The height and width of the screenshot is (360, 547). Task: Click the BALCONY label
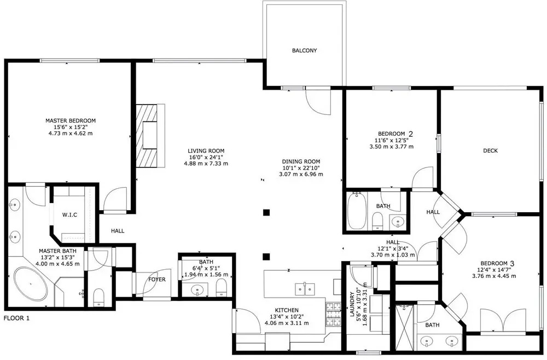tap(304, 50)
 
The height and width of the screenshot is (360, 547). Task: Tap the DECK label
tap(490, 150)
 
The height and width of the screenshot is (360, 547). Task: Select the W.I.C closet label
tap(69, 215)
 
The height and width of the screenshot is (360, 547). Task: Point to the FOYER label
tap(157, 280)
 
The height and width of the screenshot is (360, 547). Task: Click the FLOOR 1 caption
tap(16, 318)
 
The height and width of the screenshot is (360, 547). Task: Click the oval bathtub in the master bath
tap(31, 284)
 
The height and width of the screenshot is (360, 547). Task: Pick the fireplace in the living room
tap(150, 136)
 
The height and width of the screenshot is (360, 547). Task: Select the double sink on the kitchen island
tap(305, 289)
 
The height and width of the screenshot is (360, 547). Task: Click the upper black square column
tap(266, 212)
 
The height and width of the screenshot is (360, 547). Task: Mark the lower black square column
tap(266, 257)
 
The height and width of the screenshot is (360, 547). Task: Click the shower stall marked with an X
tap(405, 327)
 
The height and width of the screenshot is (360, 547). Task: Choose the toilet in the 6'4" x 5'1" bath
tap(222, 288)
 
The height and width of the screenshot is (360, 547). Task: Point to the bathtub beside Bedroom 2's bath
tap(357, 211)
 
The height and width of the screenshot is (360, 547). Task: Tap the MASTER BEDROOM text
tap(71, 121)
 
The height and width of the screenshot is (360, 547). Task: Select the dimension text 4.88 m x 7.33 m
tap(206, 164)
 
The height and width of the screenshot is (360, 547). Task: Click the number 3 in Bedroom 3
tap(512, 263)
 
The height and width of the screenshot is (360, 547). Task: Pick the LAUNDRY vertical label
tap(352, 302)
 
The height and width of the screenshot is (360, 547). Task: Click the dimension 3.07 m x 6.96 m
tap(301, 174)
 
